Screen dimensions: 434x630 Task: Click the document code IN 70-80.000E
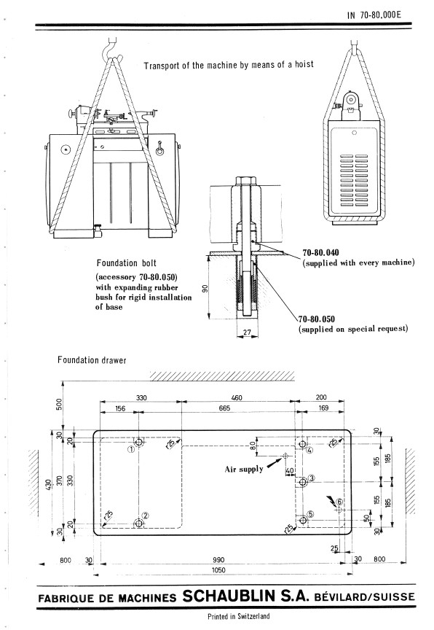point(374,15)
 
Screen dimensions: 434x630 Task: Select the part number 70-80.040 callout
point(320,253)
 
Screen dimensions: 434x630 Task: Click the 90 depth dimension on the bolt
point(205,289)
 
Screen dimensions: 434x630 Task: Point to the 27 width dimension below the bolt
point(247,332)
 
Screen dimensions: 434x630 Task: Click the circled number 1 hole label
point(131,449)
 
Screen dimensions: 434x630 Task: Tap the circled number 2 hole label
point(146,516)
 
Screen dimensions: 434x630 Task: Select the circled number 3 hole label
point(312,478)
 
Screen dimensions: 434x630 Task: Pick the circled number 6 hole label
point(339,502)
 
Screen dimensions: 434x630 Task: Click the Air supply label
point(244,469)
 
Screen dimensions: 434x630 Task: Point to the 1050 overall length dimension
point(218,569)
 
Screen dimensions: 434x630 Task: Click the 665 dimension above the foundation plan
point(224,408)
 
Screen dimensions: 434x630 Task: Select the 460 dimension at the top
point(237,398)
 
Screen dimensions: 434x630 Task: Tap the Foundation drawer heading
point(92,360)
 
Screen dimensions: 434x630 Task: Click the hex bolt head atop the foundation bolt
point(245,180)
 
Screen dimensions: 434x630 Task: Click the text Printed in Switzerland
point(239,616)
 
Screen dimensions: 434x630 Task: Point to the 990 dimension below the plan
point(218,560)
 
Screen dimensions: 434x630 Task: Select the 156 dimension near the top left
point(120,408)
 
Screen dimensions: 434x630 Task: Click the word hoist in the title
point(304,64)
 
